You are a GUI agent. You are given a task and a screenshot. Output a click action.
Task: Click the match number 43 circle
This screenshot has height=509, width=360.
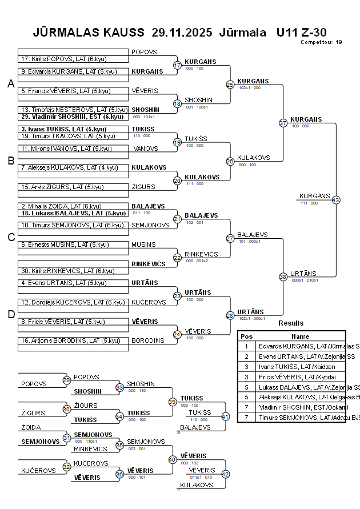click(x=335, y=200)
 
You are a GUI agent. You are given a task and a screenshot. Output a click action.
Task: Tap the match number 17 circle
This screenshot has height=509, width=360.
click(x=177, y=65)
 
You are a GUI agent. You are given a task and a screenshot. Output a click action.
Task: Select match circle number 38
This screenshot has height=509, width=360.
click(x=283, y=276)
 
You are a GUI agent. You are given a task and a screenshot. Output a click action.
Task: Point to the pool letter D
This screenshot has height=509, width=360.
click(x=10, y=314)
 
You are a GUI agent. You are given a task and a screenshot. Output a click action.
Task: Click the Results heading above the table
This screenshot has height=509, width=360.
click(x=291, y=323)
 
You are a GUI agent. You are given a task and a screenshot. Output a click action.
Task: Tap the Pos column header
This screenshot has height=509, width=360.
click(x=246, y=336)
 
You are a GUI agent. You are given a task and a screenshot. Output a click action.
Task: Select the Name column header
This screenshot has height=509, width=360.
click(x=300, y=336)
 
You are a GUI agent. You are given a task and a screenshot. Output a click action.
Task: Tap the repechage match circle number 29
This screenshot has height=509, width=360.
click(x=66, y=380)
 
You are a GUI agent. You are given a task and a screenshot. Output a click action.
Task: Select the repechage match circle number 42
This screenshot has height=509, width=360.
click(x=225, y=474)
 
